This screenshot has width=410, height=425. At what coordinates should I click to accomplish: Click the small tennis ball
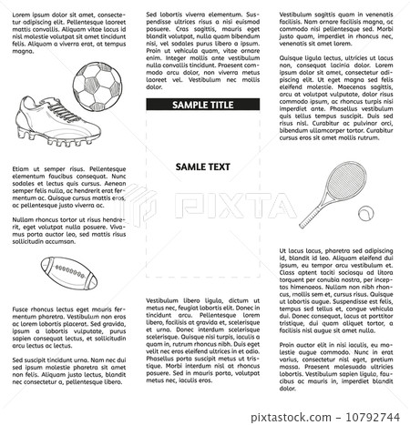[x=364, y=214]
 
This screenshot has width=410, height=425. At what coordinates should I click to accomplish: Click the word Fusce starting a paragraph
[x=21, y=309]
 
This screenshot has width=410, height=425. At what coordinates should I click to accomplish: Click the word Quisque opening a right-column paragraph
[x=293, y=57]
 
